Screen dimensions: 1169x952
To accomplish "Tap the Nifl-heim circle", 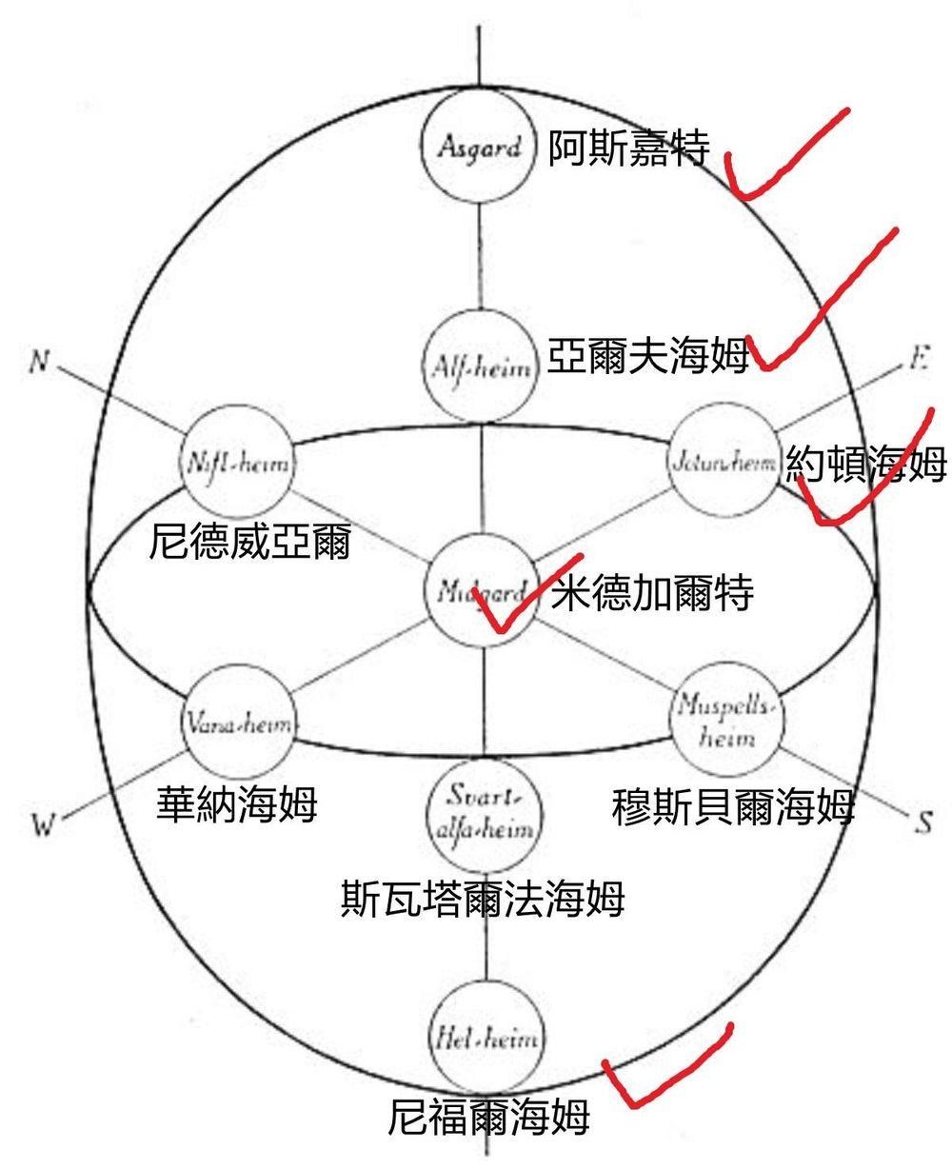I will click(238, 466).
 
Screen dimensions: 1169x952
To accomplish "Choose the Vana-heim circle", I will click(238, 723).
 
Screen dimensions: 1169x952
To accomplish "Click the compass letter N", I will click(39, 363).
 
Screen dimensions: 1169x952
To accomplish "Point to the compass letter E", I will click(920, 363).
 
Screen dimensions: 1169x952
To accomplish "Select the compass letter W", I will click(40, 824).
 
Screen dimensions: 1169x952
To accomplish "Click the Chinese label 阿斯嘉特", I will click(628, 149).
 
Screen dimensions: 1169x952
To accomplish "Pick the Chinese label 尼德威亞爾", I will click(250, 543).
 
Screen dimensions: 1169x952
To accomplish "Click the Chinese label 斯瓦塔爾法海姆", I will click(483, 898).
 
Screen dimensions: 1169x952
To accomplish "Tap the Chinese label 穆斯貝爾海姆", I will click(732, 806).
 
